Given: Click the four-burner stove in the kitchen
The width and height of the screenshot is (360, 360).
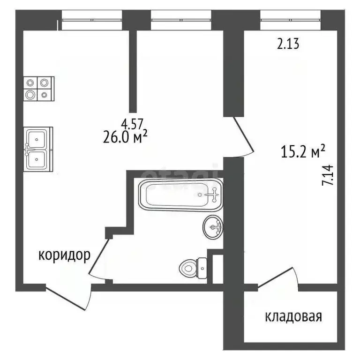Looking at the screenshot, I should pos(37,88).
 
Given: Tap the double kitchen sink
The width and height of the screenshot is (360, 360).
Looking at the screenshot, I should pos(37,149).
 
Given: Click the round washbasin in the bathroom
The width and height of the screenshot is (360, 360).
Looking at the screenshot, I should pos(213,228).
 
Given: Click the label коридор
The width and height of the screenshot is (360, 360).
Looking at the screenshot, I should pos(64,255).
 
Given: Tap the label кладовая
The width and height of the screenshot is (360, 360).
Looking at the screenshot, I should pos(293,316).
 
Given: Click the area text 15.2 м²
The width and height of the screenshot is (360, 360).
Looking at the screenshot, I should pos(303,152).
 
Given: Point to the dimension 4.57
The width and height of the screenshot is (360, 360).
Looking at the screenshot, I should pos(131,124).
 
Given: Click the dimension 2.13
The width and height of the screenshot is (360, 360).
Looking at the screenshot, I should pos(287,45).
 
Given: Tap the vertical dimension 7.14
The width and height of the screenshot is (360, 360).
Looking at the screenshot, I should pos(328,176).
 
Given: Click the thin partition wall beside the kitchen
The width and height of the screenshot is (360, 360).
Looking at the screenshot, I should pos(133,70).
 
